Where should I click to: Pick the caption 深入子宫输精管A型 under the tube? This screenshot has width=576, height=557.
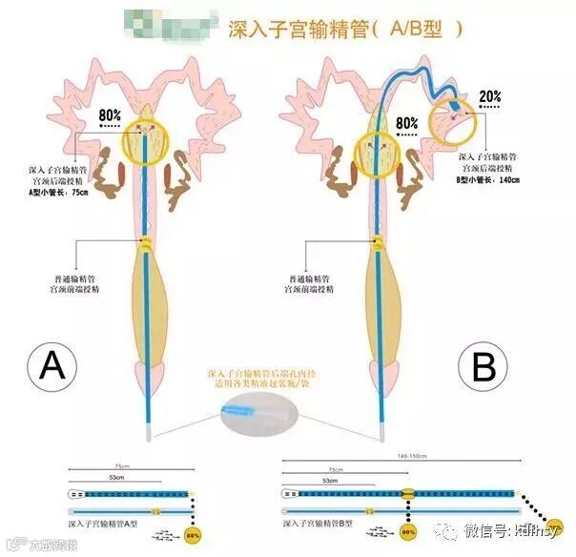96,523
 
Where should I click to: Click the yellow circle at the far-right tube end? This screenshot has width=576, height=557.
565,541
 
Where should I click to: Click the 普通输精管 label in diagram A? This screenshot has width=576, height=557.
73,279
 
